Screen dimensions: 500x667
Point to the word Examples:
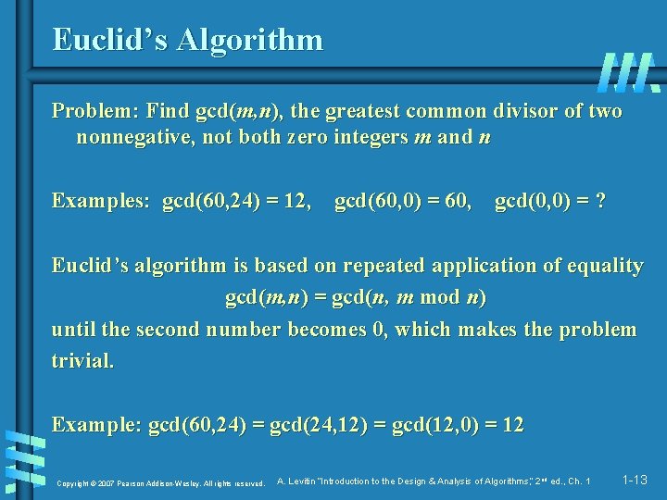(x=102, y=201)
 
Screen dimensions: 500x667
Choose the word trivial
(x=83, y=361)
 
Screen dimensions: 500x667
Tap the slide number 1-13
(x=636, y=481)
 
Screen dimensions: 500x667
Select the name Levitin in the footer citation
(x=306, y=481)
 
